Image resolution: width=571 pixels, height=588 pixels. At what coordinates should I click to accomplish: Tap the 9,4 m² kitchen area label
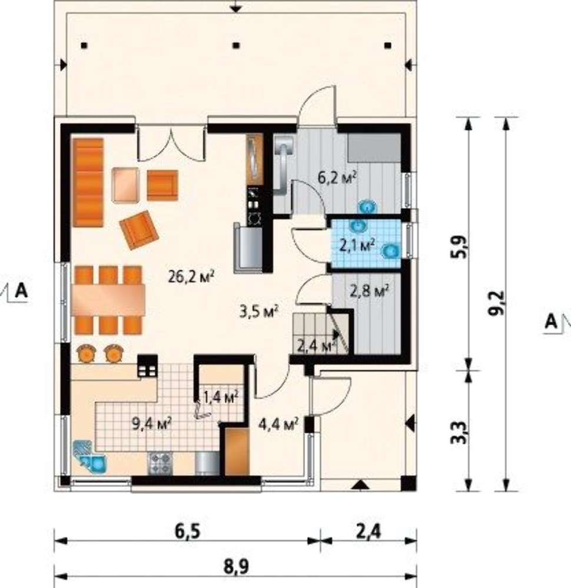tap(152, 424)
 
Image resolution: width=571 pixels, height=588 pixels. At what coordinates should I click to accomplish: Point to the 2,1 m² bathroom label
tap(357, 245)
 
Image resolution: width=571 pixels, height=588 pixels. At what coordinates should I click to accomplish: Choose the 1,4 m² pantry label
tap(220, 396)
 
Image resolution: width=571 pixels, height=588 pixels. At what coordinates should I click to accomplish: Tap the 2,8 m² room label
tap(369, 290)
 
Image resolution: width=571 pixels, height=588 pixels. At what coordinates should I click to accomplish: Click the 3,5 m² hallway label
tap(258, 311)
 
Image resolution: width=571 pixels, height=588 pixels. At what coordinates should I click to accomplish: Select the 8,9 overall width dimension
tap(236, 566)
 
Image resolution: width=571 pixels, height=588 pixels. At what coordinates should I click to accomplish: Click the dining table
tap(108, 300)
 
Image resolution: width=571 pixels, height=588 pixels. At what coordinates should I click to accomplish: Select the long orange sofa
tap(88, 182)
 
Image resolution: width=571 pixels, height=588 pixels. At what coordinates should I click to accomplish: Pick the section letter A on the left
tap(21, 290)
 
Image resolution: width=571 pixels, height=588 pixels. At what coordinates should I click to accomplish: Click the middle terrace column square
tap(235, 46)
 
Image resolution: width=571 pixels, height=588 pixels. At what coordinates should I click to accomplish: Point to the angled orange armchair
tap(139, 230)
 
